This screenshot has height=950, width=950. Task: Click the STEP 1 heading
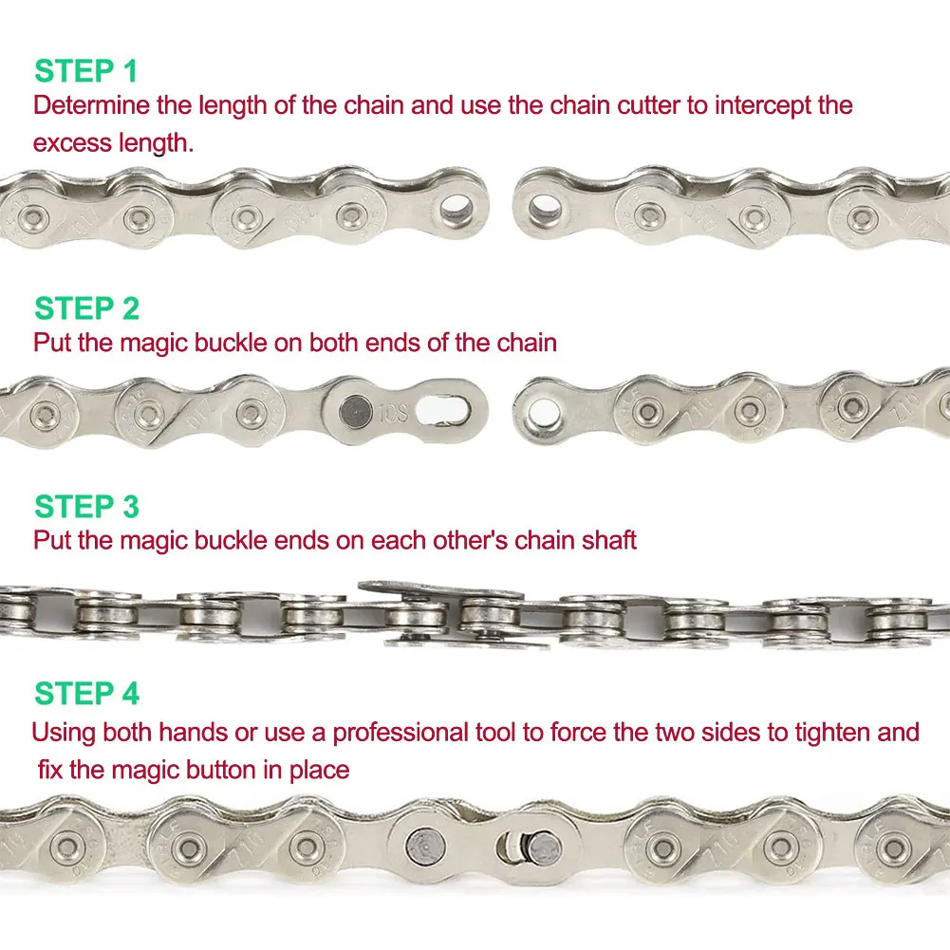pyautogui.click(x=85, y=71)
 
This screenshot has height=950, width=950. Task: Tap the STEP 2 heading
pyautogui.click(x=86, y=308)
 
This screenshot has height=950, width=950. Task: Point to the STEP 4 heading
pyautogui.click(x=86, y=695)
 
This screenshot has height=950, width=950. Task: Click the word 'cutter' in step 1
pyautogui.click(x=646, y=104)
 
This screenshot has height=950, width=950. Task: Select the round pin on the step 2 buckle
pyautogui.click(x=353, y=411)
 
